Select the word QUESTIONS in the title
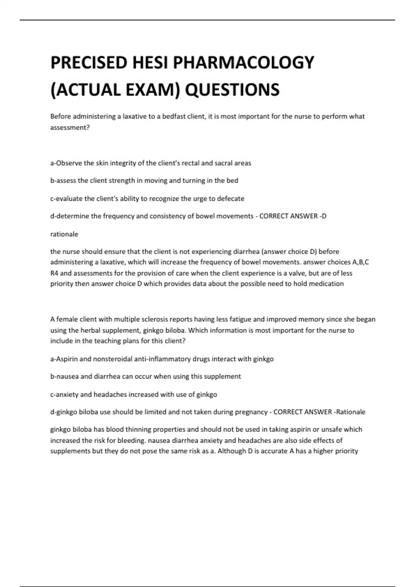[x=232, y=90]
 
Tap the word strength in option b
[x=121, y=181]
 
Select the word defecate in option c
[x=231, y=199]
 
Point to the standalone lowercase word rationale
[x=64, y=234]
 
